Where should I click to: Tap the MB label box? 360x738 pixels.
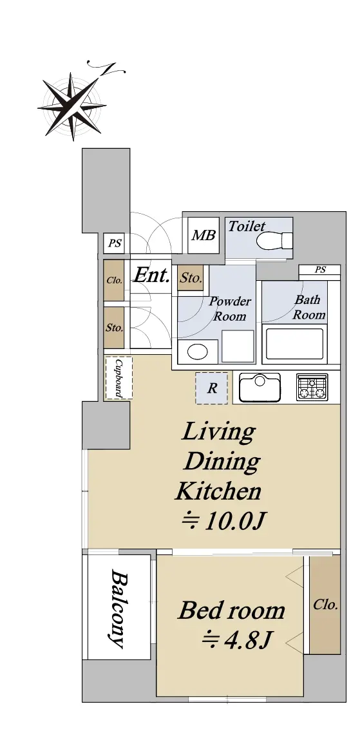(204, 235)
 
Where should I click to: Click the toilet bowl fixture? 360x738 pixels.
(275, 241)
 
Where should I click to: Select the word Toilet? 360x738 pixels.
(247, 227)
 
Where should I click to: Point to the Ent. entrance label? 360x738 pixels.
(151, 275)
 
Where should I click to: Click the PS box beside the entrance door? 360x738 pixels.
(115, 243)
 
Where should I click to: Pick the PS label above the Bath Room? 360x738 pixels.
(320, 270)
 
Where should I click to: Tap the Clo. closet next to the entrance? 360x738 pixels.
(114, 280)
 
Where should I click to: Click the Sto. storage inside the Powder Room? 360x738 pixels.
(191, 278)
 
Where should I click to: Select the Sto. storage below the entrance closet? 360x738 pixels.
(114, 328)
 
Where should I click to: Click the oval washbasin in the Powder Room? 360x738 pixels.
(197, 352)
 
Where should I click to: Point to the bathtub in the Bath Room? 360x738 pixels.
(294, 344)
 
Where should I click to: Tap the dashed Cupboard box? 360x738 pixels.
(118, 378)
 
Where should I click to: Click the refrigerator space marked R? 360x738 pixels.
(212, 388)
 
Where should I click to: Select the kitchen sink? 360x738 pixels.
(260, 388)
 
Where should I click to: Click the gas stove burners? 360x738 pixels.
(312, 387)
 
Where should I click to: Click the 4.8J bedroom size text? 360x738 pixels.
(238, 639)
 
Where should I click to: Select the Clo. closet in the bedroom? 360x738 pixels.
(325, 604)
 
